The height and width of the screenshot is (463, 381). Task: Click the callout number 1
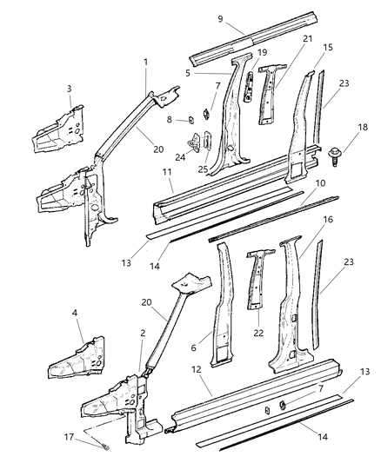[x=145, y=62]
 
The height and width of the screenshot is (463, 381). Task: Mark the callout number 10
[x=320, y=208]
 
